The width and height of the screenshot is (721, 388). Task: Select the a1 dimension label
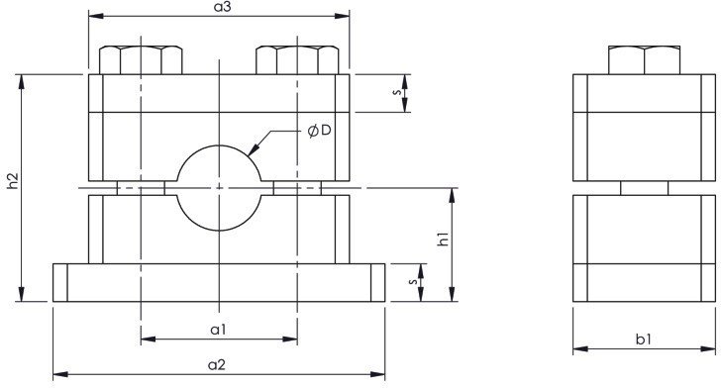[x=219, y=330]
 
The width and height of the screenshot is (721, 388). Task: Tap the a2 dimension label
[x=217, y=364]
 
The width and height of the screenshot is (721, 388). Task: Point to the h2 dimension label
[x=13, y=180]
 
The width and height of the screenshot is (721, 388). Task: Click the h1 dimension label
[x=443, y=240]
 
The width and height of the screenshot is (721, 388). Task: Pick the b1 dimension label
[x=644, y=339]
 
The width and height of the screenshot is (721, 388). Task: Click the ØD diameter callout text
[x=319, y=131]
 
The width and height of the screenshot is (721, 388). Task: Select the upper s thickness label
[x=397, y=92]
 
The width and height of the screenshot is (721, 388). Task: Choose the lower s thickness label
[x=413, y=281]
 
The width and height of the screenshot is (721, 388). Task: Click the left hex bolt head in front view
[x=141, y=59]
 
